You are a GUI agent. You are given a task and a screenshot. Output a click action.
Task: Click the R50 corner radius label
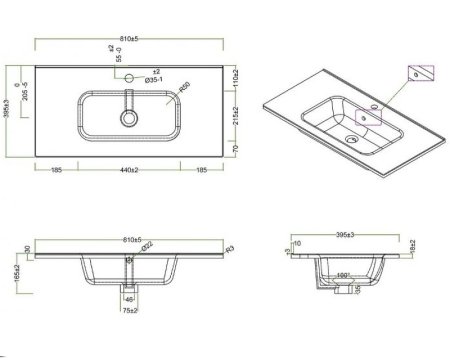183,91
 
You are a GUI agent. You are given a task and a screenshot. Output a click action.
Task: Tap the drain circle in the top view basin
129,117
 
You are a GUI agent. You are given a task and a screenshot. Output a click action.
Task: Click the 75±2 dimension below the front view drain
130,310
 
